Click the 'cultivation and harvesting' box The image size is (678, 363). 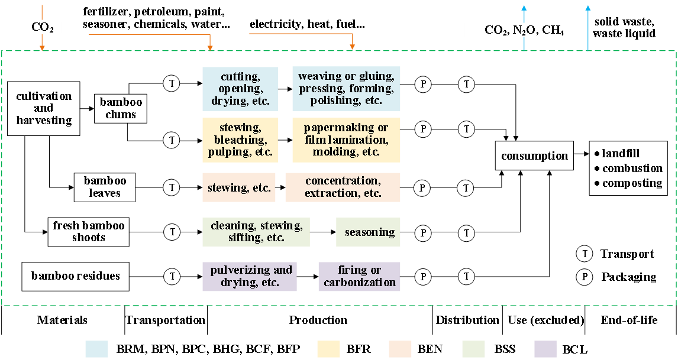(x=44, y=108)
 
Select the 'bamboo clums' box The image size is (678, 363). (x=121, y=108)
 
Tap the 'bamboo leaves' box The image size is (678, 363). (x=105, y=187)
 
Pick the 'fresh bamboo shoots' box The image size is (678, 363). (x=89, y=232)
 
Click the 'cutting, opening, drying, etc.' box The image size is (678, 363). (x=240, y=89)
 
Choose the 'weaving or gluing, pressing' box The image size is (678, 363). (x=346, y=89)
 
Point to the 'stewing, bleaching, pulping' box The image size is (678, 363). (x=240, y=140)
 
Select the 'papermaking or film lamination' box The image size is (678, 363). (x=346, y=140)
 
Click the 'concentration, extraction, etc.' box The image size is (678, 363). (x=343, y=187)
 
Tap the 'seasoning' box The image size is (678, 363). (x=368, y=232)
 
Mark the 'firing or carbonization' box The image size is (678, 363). (x=359, y=276)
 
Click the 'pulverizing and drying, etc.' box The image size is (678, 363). (x=250, y=276)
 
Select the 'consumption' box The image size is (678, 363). (x=534, y=156)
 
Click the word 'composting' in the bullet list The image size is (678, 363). (x=632, y=183)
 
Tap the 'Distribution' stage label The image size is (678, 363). (x=467, y=320)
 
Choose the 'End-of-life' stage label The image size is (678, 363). (x=629, y=320)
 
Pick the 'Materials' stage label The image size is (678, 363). (x=62, y=320)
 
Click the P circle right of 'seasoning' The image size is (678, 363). (x=423, y=233)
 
